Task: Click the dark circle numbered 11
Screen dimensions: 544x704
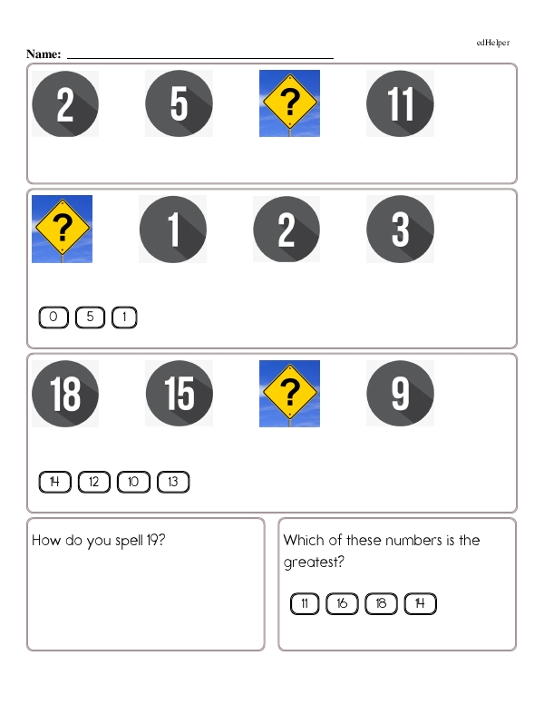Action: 400,103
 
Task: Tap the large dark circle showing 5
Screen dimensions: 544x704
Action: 180,103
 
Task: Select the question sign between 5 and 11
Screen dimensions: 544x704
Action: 289,103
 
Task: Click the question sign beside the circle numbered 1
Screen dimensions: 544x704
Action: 62,229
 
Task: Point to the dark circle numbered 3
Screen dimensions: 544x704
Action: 400,229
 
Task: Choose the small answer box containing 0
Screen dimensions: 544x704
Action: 53,318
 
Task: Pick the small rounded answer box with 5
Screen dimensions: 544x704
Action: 90,318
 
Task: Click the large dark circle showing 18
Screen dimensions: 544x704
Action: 65,394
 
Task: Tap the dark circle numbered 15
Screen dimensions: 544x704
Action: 180,394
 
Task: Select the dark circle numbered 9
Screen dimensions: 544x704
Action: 400,394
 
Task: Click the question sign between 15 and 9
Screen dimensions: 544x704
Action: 289,394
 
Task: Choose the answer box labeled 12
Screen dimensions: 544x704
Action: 93,483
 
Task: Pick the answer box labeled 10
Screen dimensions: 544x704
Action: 133,483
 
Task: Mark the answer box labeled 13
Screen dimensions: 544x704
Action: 173,483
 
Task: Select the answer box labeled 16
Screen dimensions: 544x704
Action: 342,604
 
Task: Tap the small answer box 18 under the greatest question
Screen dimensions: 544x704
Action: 381,604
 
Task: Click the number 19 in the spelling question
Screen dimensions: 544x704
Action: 151,540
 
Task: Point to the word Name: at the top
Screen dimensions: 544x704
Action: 44,54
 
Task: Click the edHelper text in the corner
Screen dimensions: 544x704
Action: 493,43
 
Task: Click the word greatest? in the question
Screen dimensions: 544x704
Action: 314,562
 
